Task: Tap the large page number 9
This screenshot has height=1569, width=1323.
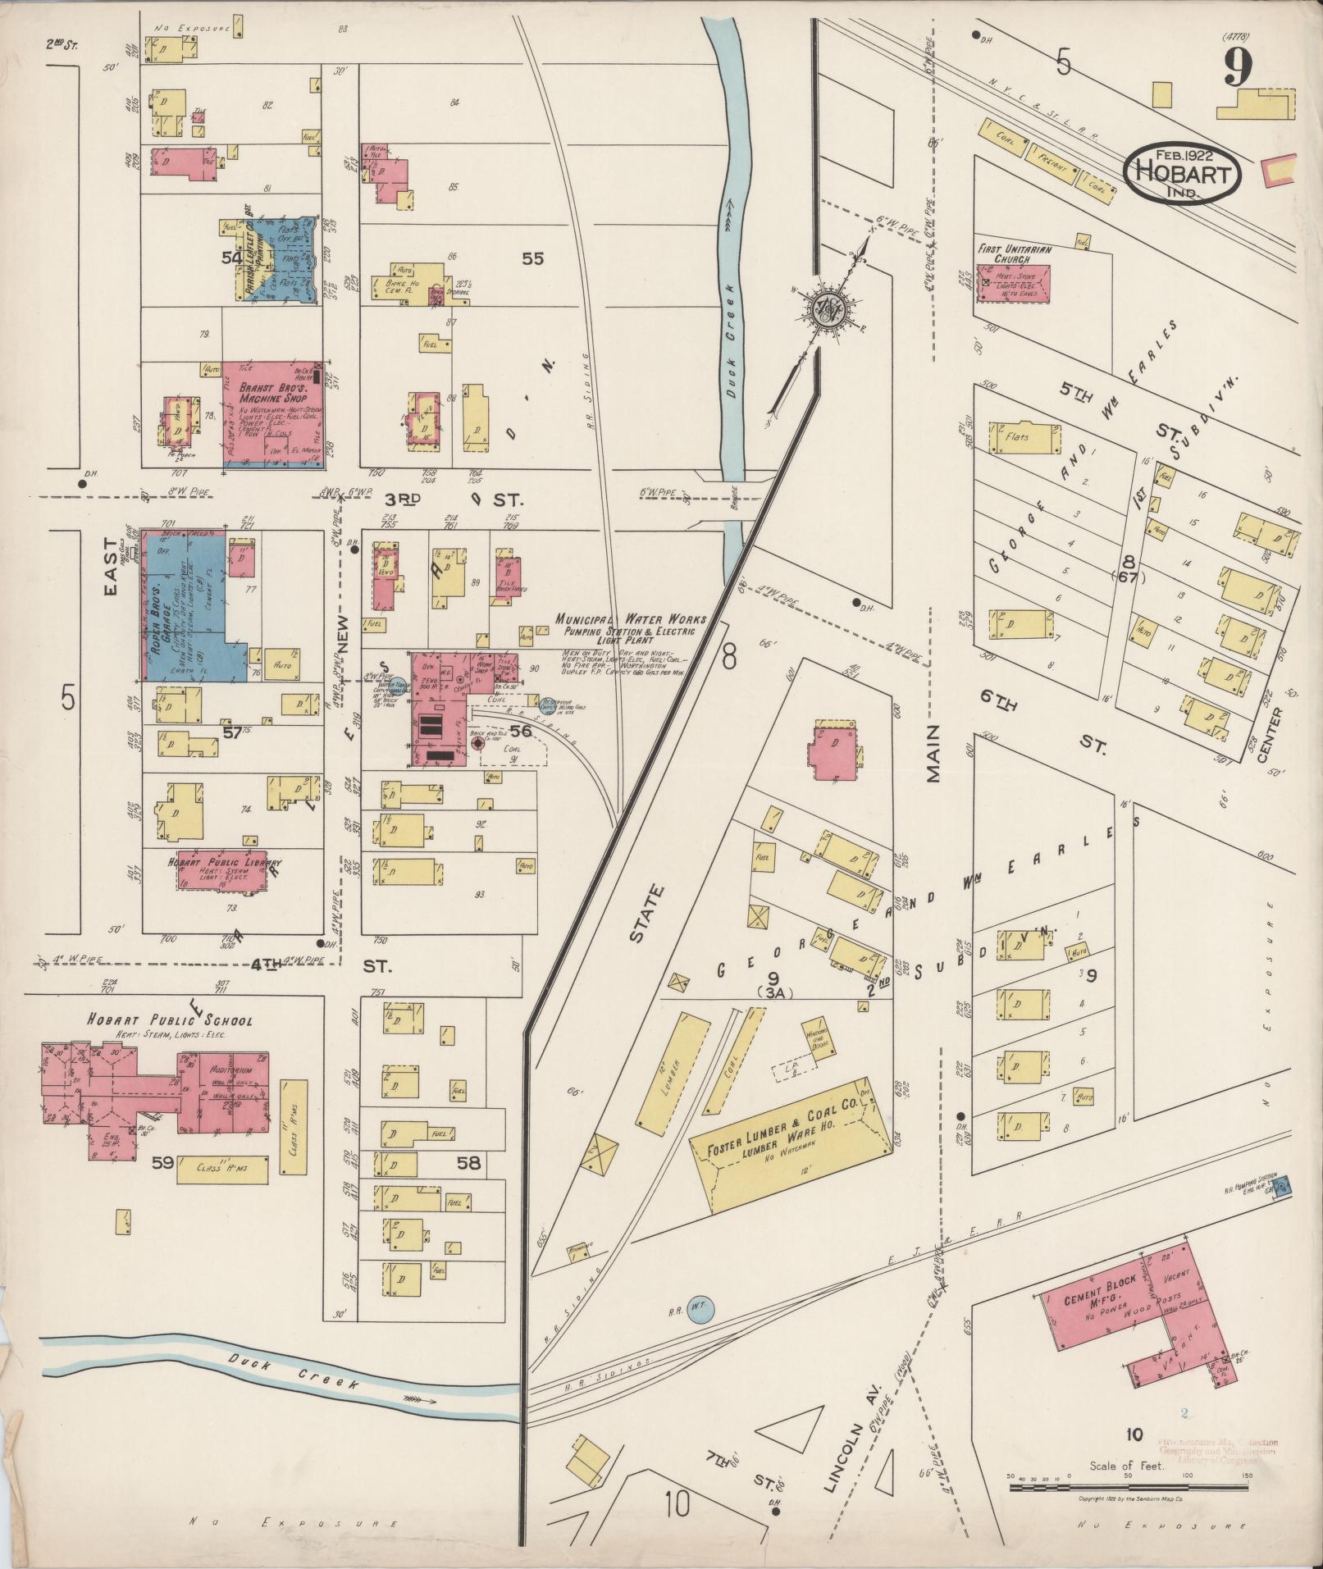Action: pyautogui.click(x=1239, y=67)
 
